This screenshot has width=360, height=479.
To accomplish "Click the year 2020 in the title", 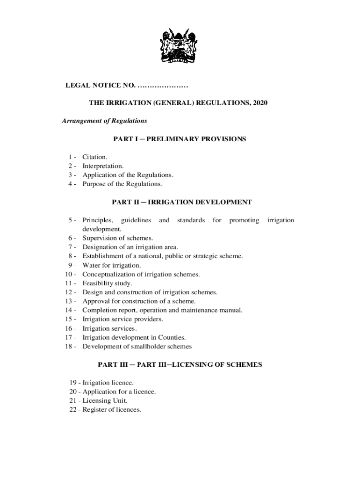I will [259, 103].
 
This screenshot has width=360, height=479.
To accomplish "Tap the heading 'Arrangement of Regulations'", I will [105, 121].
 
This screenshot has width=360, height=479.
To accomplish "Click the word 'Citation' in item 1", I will [94, 157].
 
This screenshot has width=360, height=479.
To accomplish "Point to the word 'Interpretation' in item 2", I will [102, 166].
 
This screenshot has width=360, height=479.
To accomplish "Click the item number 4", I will [71, 184].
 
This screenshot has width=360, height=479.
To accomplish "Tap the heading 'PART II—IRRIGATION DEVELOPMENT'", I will [182, 202].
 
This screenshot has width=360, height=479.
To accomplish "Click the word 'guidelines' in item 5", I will [136, 220].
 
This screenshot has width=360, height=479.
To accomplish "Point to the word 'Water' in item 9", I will [91, 265].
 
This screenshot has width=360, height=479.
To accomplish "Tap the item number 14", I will [69, 310].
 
